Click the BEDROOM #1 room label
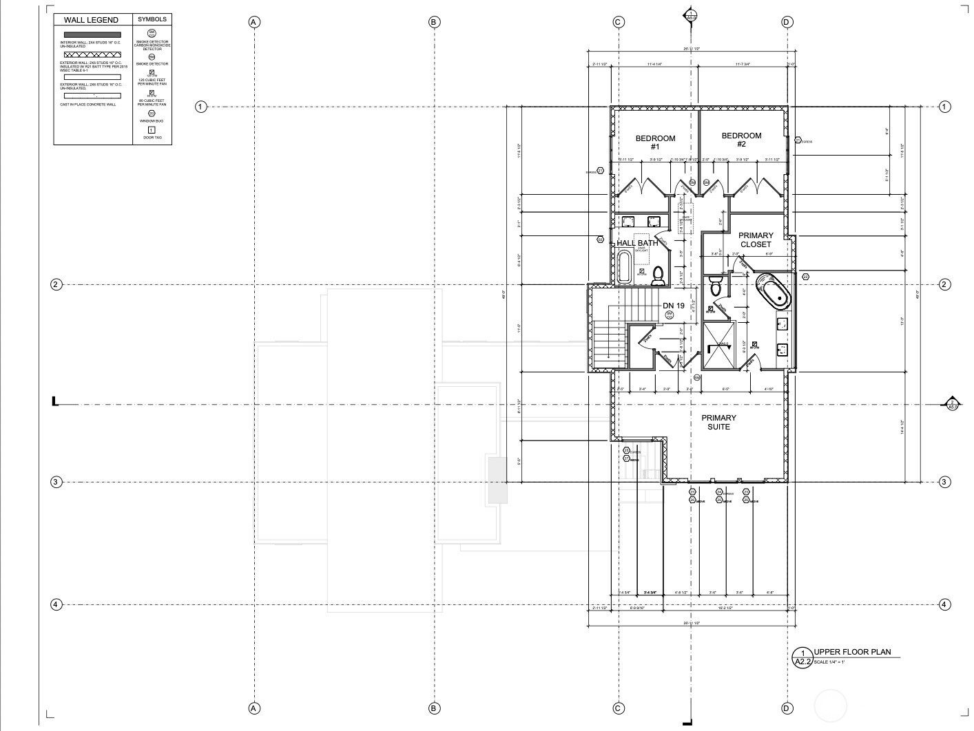click(x=655, y=142)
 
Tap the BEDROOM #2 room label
click(x=741, y=140)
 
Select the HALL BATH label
click(x=637, y=243)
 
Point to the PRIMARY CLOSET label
click(x=756, y=240)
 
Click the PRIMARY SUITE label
click(x=718, y=422)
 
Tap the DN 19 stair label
click(x=673, y=305)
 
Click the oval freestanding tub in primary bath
click(x=774, y=292)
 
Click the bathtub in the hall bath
click(x=623, y=267)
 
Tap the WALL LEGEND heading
click(x=91, y=20)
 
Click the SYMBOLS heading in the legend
click(x=152, y=19)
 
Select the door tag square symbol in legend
click(x=152, y=130)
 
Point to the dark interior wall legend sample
click(x=92, y=34)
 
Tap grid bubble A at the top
click(x=254, y=22)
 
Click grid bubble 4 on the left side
click(x=56, y=604)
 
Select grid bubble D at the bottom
click(x=787, y=708)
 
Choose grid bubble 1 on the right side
click(x=945, y=107)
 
